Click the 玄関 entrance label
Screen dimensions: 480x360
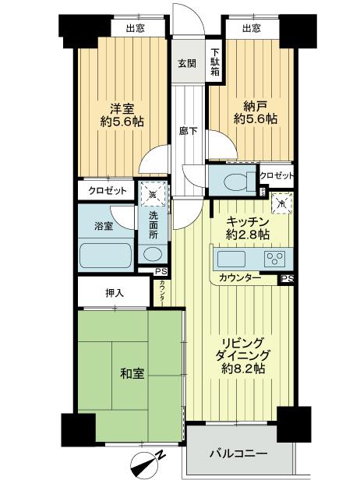pyautogui.click(x=185, y=63)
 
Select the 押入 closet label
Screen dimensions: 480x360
pyautogui.click(x=115, y=294)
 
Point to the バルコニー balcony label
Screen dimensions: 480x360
pyautogui.click(x=240, y=454)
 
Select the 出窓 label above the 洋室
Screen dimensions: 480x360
pyautogui.click(x=134, y=29)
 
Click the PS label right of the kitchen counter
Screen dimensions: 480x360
pyautogui.click(x=287, y=278)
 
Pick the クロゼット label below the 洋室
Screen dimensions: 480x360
pyautogui.click(x=103, y=190)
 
